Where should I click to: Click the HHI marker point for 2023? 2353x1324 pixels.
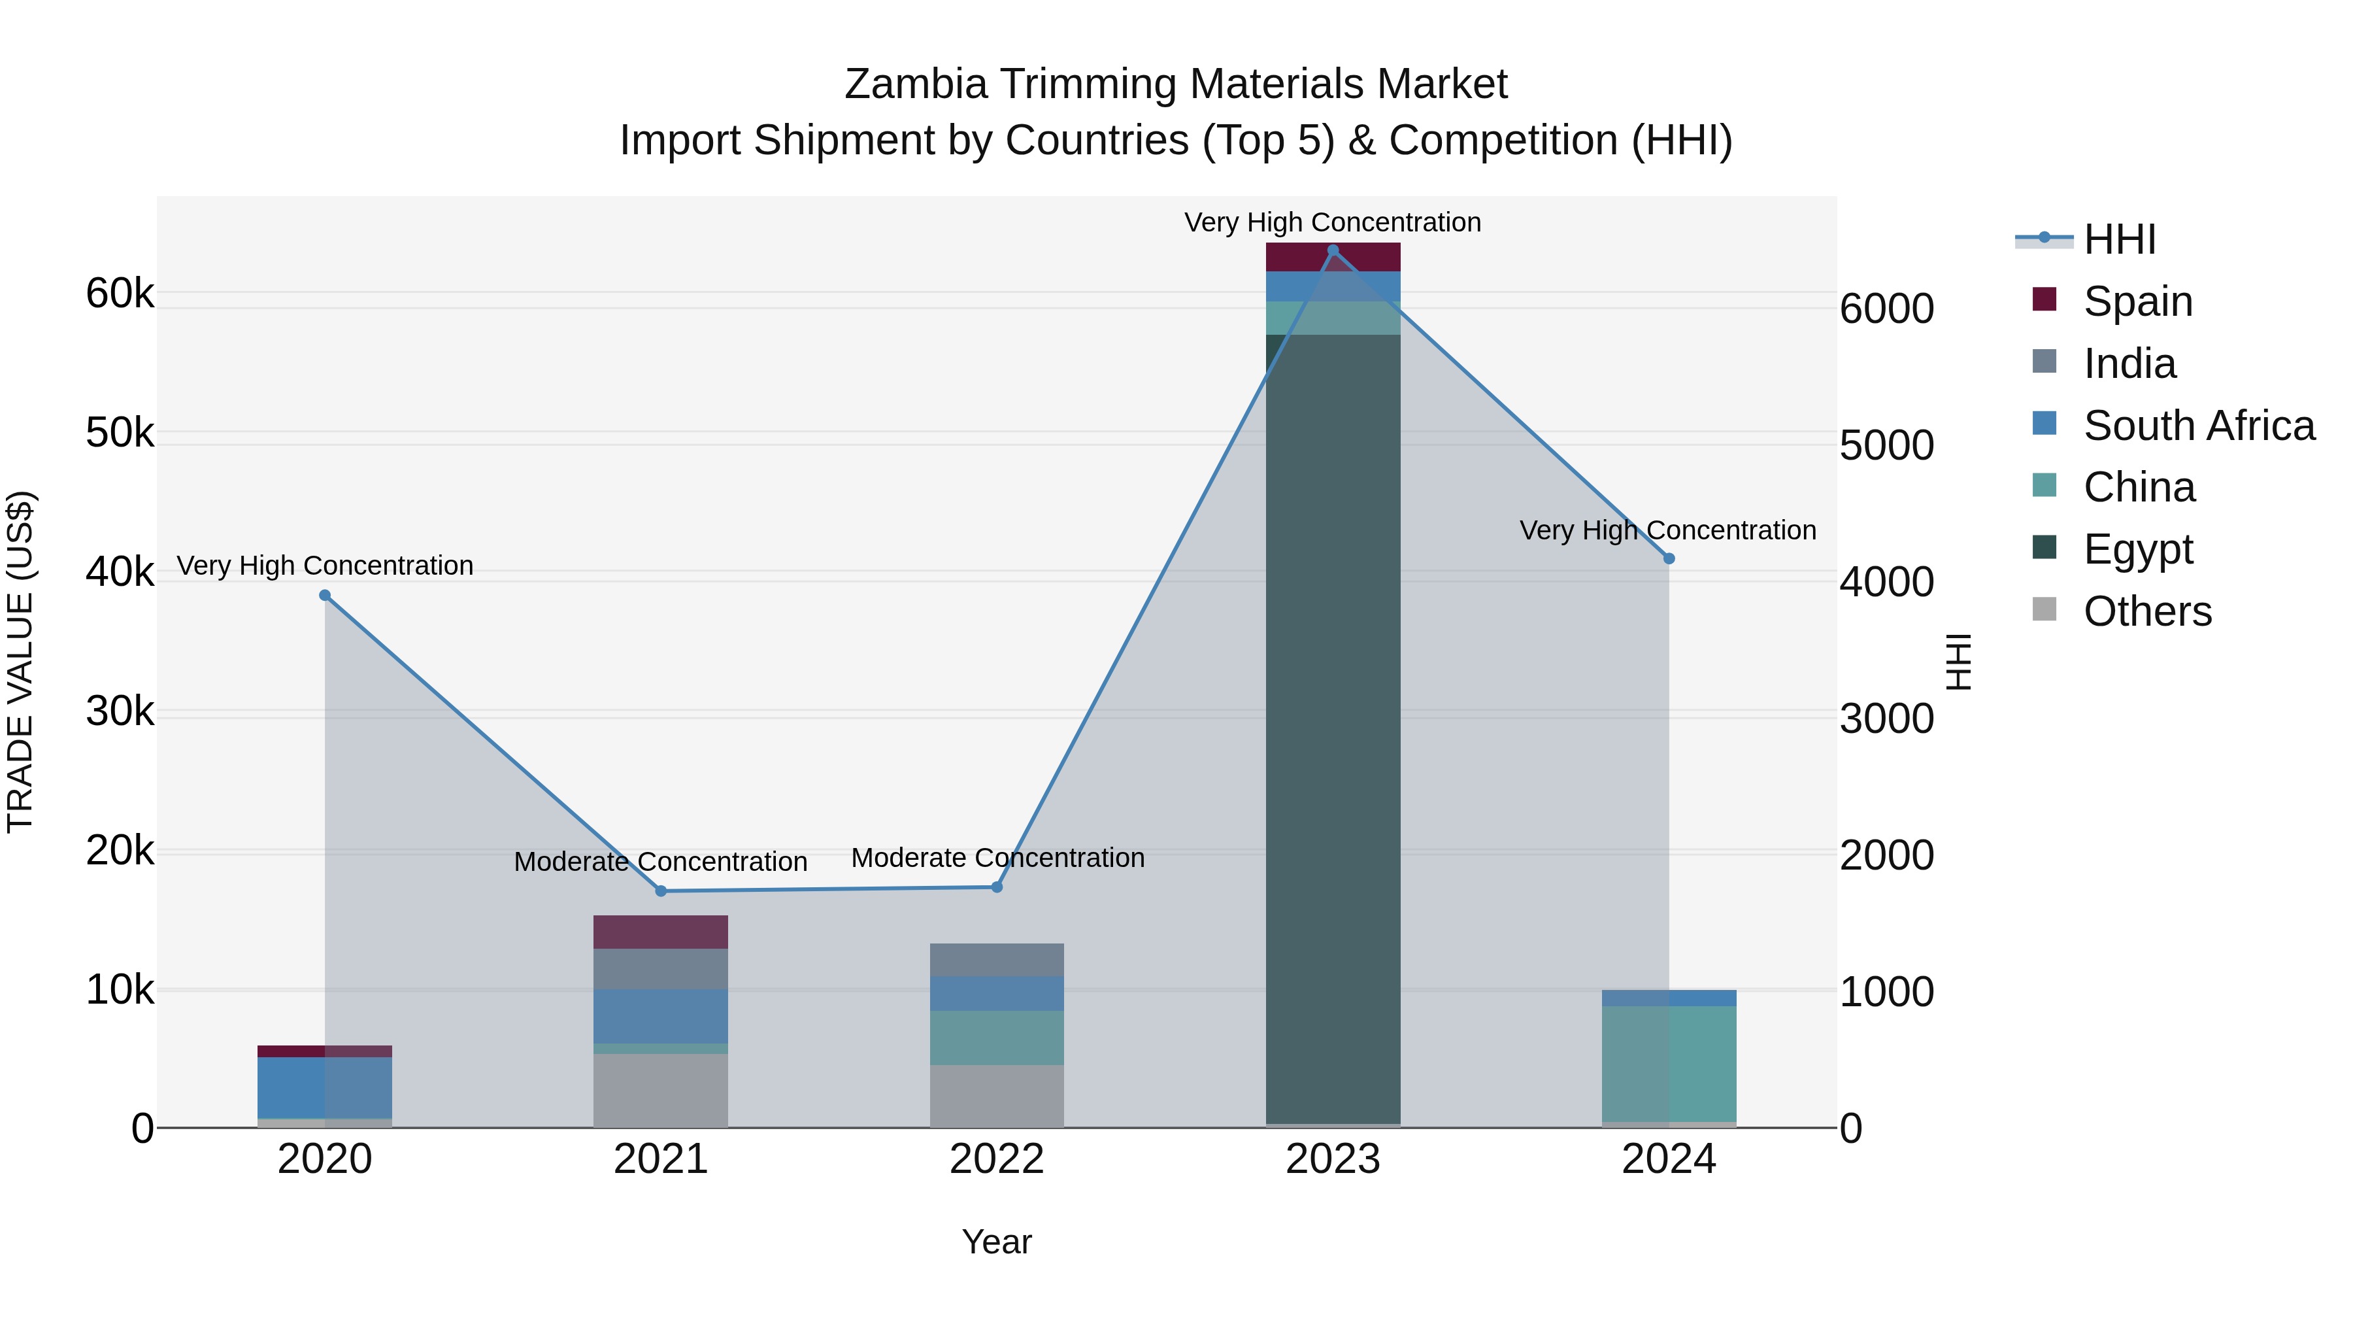[x=1333, y=250]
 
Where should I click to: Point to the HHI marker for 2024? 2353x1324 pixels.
[x=1669, y=558]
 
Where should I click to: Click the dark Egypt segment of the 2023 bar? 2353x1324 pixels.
[x=1333, y=731]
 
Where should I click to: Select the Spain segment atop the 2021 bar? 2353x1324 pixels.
[x=660, y=932]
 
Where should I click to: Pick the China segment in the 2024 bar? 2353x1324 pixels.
[x=1669, y=1064]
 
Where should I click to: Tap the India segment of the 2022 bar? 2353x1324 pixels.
[x=997, y=959]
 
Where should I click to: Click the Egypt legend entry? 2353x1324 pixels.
[x=2137, y=549]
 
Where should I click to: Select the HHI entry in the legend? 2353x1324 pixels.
[x=2119, y=239]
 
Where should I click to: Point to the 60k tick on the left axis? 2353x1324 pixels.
[x=120, y=294]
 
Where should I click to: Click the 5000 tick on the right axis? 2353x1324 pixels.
[x=1886, y=446]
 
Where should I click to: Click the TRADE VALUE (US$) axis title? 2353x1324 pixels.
[x=20, y=662]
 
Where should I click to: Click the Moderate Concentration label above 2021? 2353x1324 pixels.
[x=660, y=862]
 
